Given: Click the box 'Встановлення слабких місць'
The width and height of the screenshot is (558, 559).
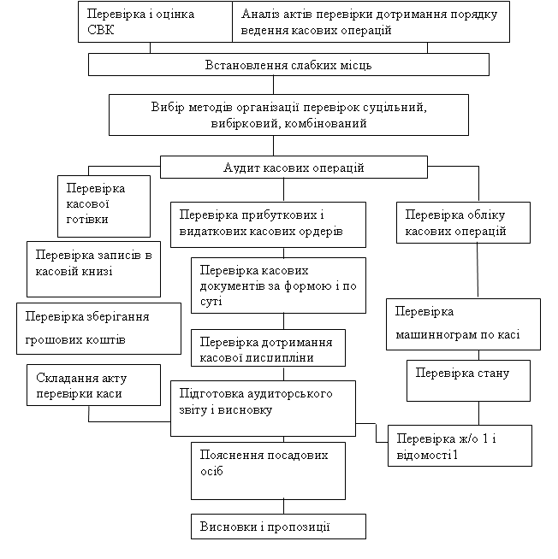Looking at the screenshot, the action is (288, 64).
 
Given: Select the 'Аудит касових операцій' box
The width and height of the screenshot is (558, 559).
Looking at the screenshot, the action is (294, 167).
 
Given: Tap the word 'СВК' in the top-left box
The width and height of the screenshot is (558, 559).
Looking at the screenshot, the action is (100, 30).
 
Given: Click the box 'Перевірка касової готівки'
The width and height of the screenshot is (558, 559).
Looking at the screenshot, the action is (104, 206).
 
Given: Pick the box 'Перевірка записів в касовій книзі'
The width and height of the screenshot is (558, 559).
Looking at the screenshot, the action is (93, 269).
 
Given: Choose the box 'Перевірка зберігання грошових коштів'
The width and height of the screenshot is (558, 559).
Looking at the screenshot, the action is (98, 328).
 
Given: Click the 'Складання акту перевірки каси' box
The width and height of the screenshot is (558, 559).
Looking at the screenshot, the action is (93, 385).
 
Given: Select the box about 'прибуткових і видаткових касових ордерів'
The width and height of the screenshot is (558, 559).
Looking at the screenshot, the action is (268, 225).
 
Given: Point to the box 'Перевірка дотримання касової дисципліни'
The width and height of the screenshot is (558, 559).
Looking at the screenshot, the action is (268, 348).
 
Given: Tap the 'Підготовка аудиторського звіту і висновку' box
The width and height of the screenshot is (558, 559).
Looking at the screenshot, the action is (263, 409).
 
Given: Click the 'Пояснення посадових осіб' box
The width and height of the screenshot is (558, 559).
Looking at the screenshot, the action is (268, 471).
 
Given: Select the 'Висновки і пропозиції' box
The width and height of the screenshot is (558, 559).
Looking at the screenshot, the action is (278, 527).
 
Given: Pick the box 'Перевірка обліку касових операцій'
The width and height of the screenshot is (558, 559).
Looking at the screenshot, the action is (463, 223).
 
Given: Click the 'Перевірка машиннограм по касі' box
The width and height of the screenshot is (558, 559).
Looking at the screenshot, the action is (463, 325).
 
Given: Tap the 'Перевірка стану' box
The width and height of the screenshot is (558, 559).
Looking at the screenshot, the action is (468, 380).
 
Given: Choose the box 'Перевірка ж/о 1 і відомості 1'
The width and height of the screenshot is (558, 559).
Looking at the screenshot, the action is (460, 445).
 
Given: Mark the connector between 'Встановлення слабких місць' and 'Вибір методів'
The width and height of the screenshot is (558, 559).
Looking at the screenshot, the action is (274, 85).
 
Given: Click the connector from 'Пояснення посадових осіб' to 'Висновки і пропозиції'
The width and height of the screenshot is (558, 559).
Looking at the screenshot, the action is (284, 507).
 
